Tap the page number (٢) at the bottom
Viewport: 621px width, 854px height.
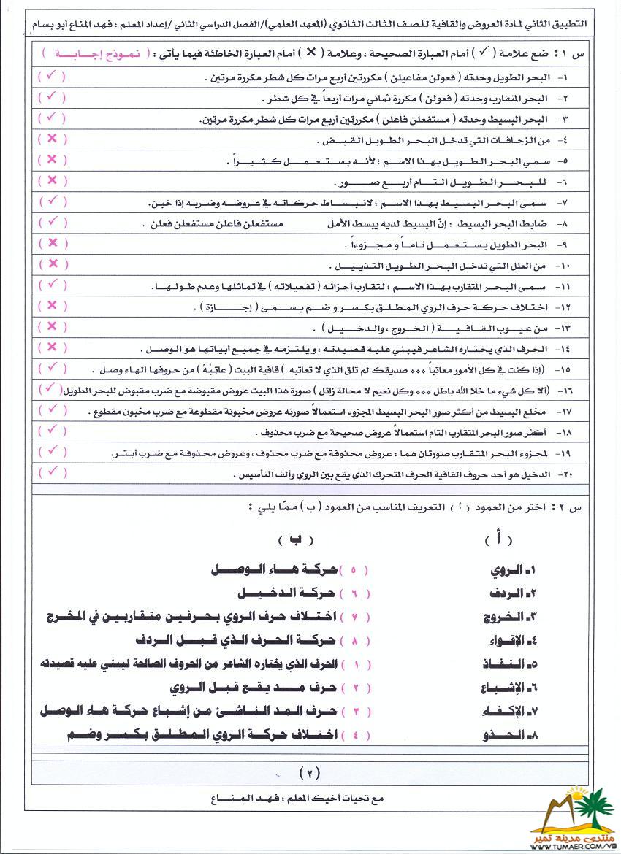pos(310,772)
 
